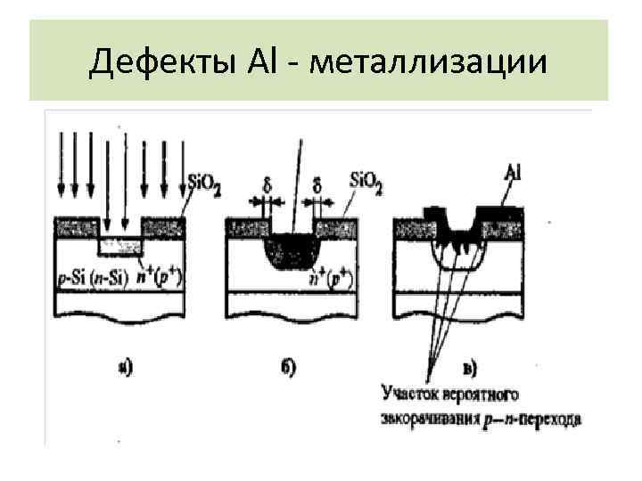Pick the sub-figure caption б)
click(288, 366)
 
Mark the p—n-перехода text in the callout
click(535, 418)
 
